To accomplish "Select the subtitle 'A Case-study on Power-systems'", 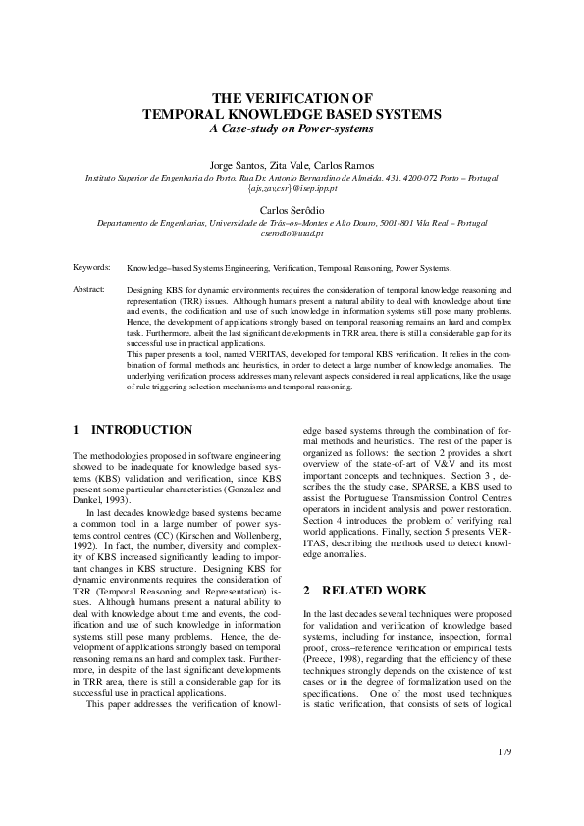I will pyautogui.click(x=292, y=129).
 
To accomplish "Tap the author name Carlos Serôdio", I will pyautogui.click(x=292, y=211).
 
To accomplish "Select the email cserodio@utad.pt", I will pyautogui.click(x=292, y=234).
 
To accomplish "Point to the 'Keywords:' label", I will pyautogui.click(x=91, y=267).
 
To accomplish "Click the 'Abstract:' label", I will pyautogui.click(x=89, y=290).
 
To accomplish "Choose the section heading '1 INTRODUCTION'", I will pyautogui.click(x=133, y=430).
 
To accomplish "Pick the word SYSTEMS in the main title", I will pyautogui.click(x=402, y=114).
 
